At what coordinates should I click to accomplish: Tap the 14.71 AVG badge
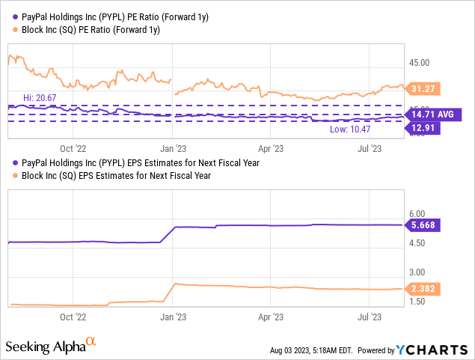tap(433, 115)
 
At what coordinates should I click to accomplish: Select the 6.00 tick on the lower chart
tap(417, 214)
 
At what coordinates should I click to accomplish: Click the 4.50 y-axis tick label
tap(417, 243)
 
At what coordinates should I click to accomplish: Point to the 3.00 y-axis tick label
tap(417, 272)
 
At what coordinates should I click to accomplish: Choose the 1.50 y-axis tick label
tap(417, 302)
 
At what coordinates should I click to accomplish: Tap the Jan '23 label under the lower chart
tap(174, 317)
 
